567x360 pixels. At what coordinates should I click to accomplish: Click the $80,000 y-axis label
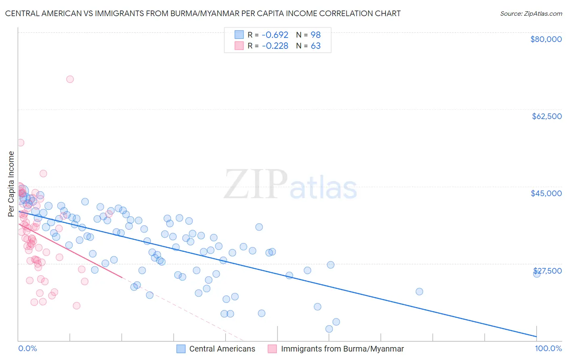point(546,39)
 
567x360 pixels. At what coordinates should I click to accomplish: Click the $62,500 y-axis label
point(546,116)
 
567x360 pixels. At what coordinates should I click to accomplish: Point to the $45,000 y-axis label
point(546,193)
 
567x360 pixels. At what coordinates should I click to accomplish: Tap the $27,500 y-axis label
point(547,270)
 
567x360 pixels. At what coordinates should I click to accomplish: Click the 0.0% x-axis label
point(27,348)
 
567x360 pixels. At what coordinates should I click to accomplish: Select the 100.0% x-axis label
point(548,348)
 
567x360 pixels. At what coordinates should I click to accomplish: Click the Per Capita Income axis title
point(11,184)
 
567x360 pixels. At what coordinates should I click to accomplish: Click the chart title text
point(203,13)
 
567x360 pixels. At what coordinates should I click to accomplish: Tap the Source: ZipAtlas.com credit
point(531,13)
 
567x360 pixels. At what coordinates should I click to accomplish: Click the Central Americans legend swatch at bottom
point(181,349)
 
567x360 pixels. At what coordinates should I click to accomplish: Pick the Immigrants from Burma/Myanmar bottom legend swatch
point(273,349)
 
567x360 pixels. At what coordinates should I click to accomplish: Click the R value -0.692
point(275,35)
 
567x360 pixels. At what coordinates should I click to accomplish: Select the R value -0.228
point(275,46)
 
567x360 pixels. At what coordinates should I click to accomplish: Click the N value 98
point(315,35)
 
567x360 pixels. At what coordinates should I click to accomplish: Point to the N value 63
point(315,46)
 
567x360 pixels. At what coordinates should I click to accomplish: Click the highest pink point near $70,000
point(70,79)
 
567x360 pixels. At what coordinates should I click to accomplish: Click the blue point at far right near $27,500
point(537,273)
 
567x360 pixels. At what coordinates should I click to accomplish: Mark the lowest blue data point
point(329,329)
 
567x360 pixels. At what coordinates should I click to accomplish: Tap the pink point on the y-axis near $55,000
point(21,142)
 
